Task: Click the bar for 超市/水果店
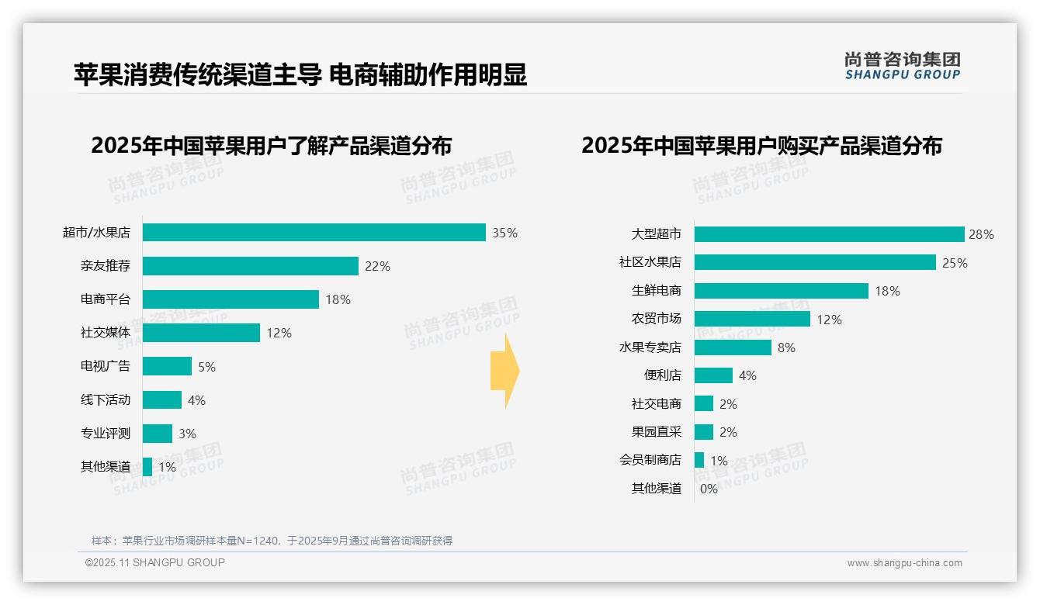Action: click(x=314, y=233)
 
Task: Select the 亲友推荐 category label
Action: click(x=106, y=266)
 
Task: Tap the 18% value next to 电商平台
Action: click(x=338, y=299)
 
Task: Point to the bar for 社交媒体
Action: click(x=201, y=333)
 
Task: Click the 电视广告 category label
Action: click(x=106, y=366)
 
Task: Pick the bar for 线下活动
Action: click(x=161, y=400)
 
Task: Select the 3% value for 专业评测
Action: click(x=187, y=434)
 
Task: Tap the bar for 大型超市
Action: click(x=829, y=234)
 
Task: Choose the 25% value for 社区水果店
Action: click(x=955, y=263)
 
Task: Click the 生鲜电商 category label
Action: click(x=656, y=291)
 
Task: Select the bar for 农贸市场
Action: click(x=752, y=319)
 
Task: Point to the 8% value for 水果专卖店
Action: click(x=786, y=347)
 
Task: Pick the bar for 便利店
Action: click(x=713, y=375)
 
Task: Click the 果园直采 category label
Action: click(x=656, y=432)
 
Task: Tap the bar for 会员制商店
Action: click(x=699, y=460)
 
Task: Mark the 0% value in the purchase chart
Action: click(x=709, y=489)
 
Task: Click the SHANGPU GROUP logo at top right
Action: click(x=902, y=66)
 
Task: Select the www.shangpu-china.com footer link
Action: click(x=904, y=563)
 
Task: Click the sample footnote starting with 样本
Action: click(x=272, y=541)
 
